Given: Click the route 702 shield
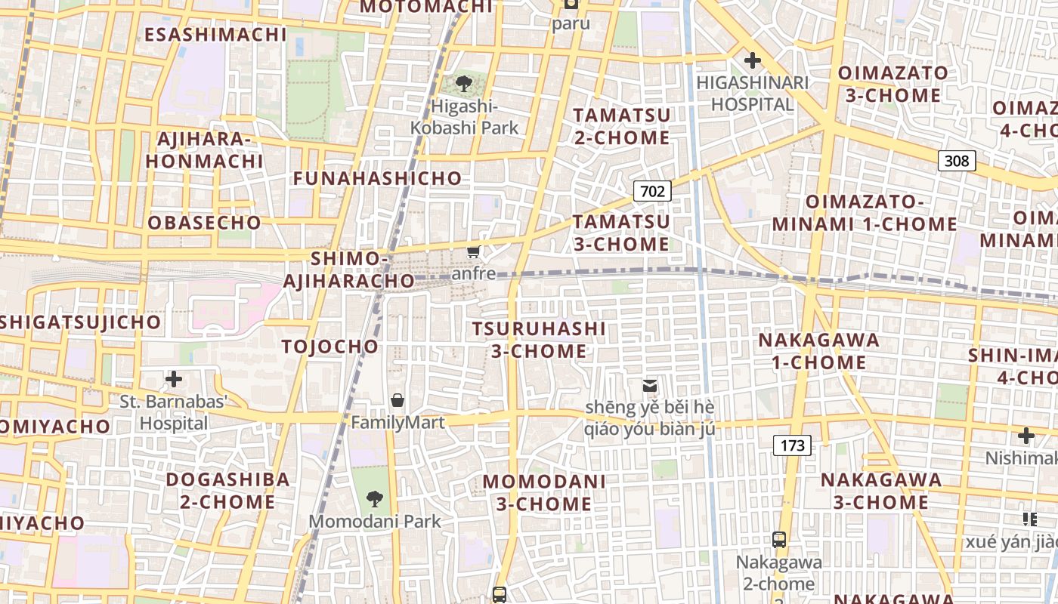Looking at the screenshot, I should [x=652, y=191].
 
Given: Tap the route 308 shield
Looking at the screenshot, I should [x=957, y=160].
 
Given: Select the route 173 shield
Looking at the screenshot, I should [x=792, y=445].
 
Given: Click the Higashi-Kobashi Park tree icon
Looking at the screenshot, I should [x=464, y=85].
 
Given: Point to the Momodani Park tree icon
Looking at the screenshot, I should [x=374, y=498].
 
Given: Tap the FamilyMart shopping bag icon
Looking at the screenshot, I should [x=398, y=400].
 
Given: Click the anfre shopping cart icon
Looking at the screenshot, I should [x=474, y=251].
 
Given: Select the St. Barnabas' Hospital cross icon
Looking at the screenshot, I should [x=174, y=378].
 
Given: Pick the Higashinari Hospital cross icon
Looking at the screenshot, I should [x=753, y=60].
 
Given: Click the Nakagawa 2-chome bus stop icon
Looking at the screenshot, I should [x=779, y=540].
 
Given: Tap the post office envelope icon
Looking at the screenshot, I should [x=649, y=386].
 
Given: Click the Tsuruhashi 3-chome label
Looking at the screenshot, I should [x=539, y=340].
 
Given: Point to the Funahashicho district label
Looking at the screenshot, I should [x=377, y=178].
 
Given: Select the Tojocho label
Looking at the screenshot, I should [x=329, y=347].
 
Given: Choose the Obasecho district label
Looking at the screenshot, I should [x=204, y=223].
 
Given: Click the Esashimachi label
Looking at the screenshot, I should [x=215, y=35].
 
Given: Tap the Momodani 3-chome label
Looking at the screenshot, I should [x=544, y=492].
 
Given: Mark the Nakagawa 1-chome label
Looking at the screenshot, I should [x=818, y=351].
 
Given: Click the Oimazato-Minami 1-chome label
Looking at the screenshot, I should [x=865, y=213].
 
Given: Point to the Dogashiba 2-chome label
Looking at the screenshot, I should [x=227, y=490].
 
